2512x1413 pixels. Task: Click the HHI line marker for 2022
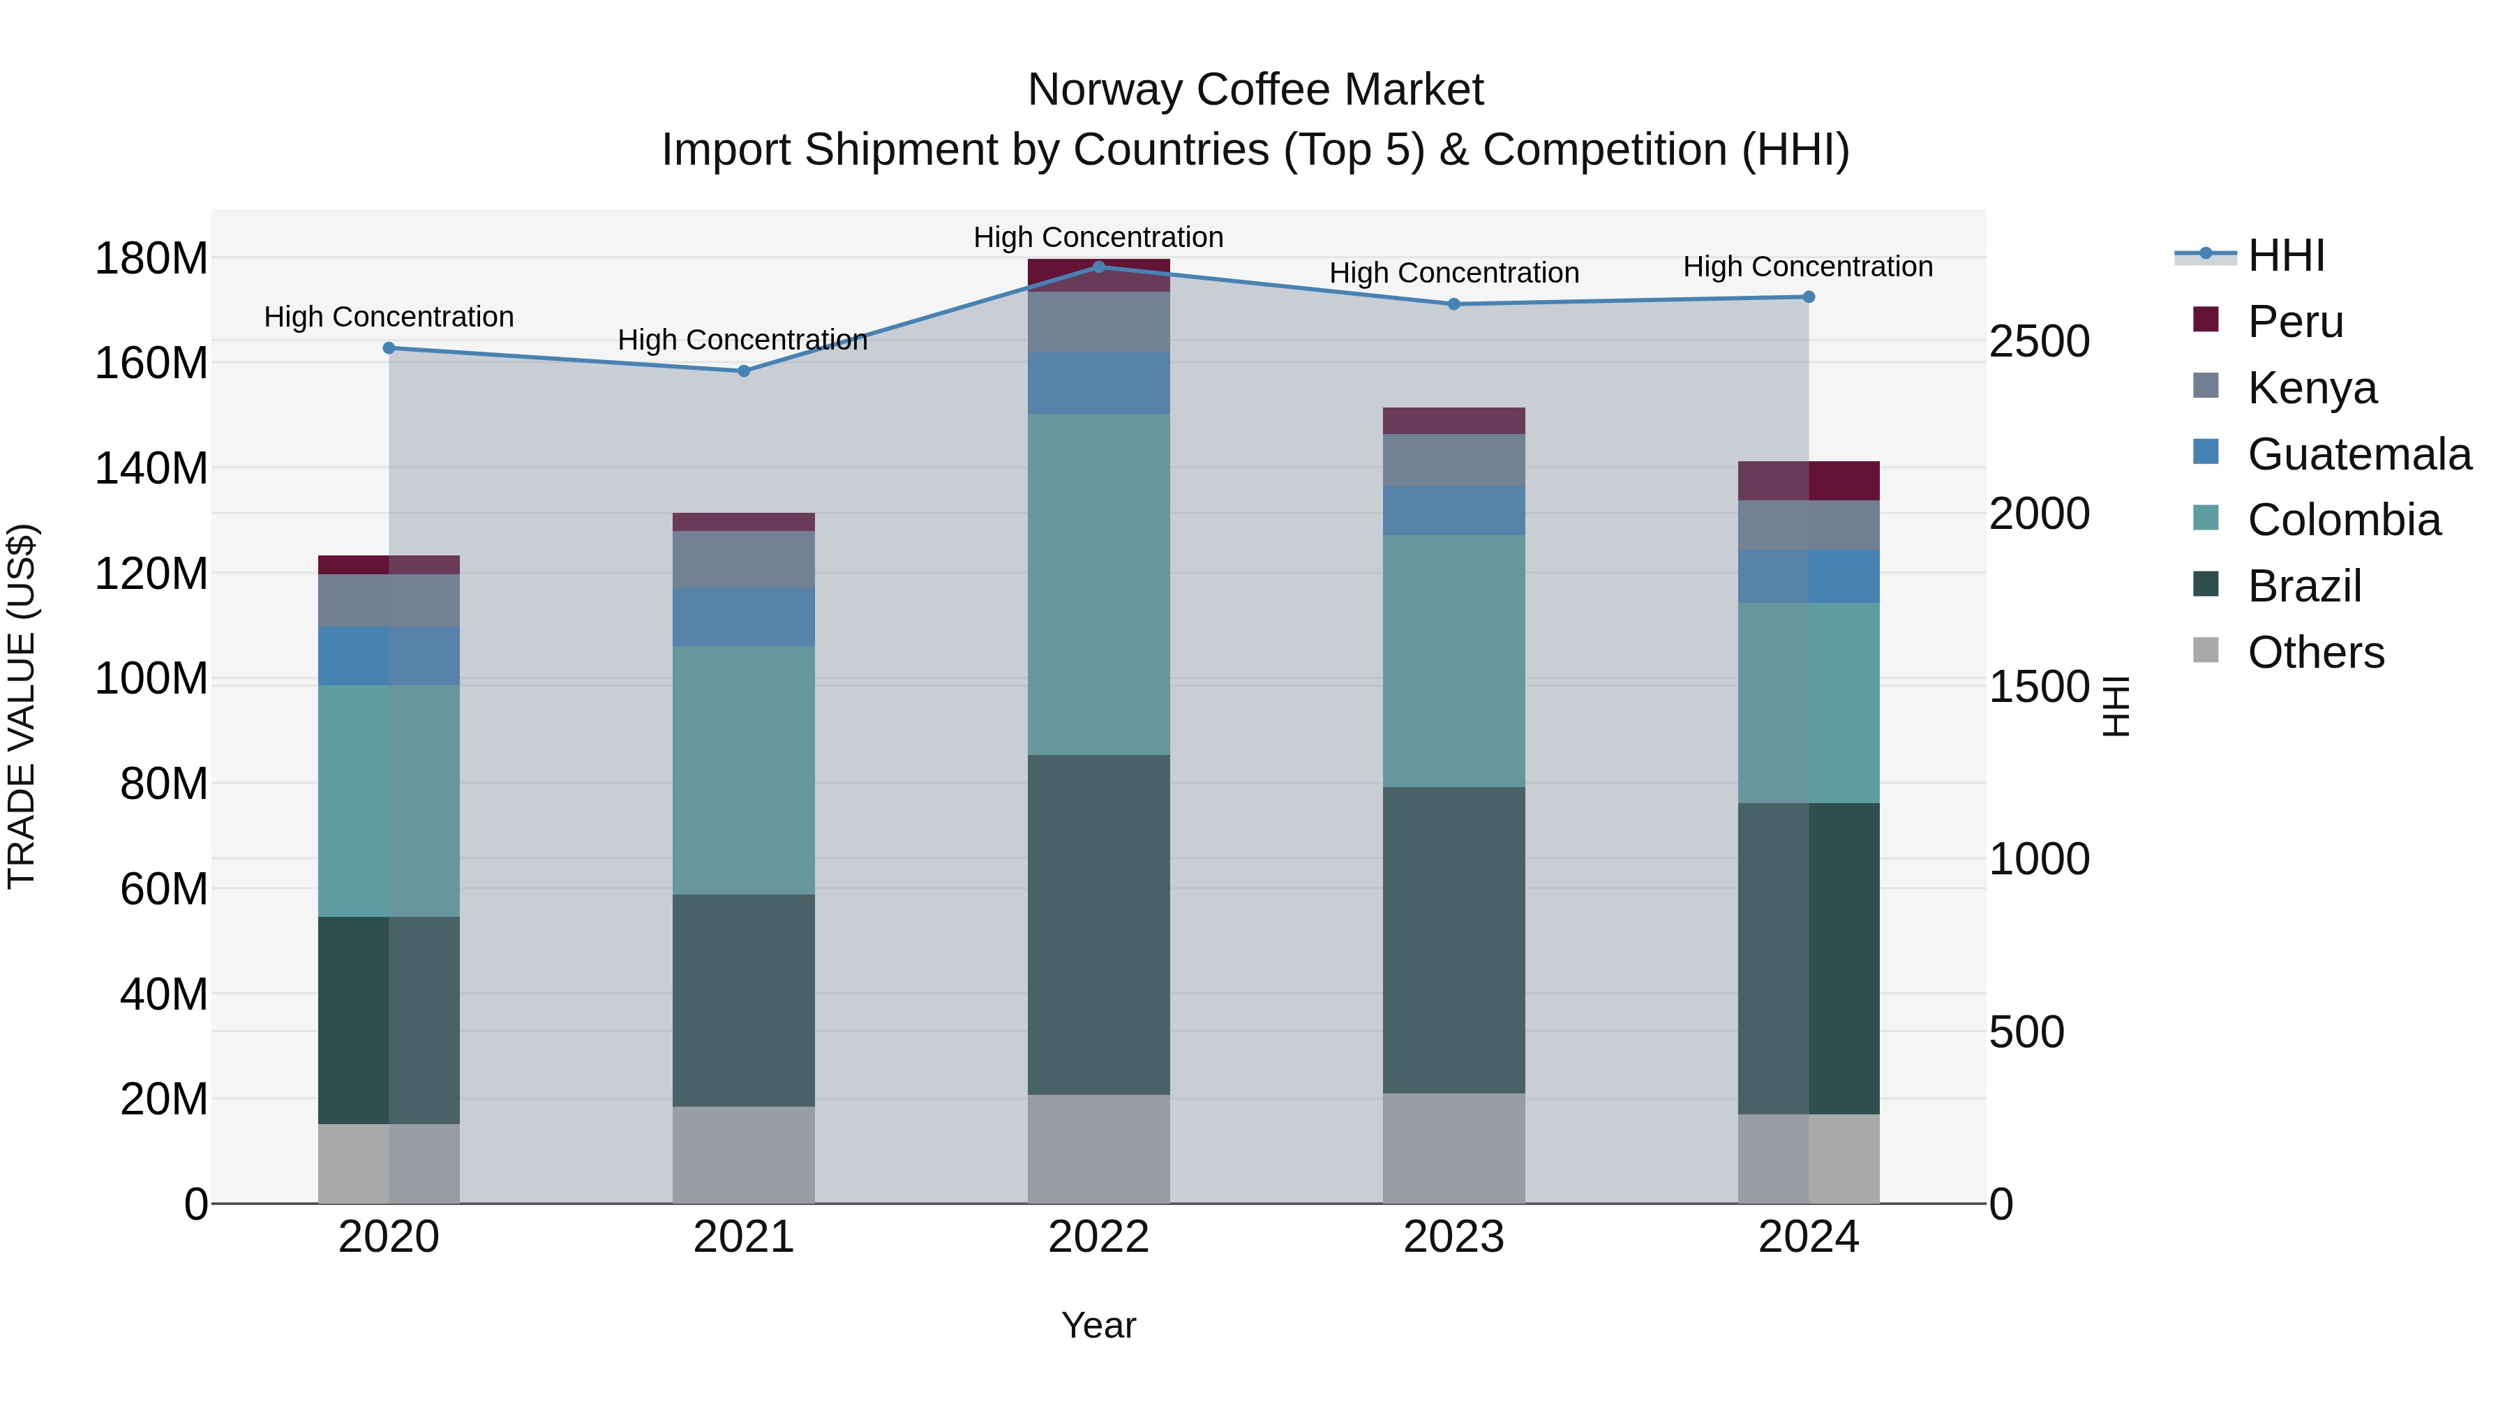click(x=1098, y=267)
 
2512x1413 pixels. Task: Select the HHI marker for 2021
click(x=743, y=371)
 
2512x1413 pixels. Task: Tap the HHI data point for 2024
click(x=1808, y=297)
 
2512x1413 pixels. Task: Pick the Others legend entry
click(x=2315, y=652)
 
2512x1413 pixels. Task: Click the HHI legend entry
click(x=2286, y=255)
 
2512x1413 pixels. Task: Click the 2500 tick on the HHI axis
click(x=2039, y=341)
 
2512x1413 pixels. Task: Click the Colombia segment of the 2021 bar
click(x=743, y=770)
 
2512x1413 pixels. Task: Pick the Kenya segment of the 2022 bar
click(x=1098, y=321)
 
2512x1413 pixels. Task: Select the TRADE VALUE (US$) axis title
click(x=22, y=706)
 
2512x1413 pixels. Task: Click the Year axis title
click(x=1098, y=1325)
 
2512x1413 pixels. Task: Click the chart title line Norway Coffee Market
click(x=1255, y=90)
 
